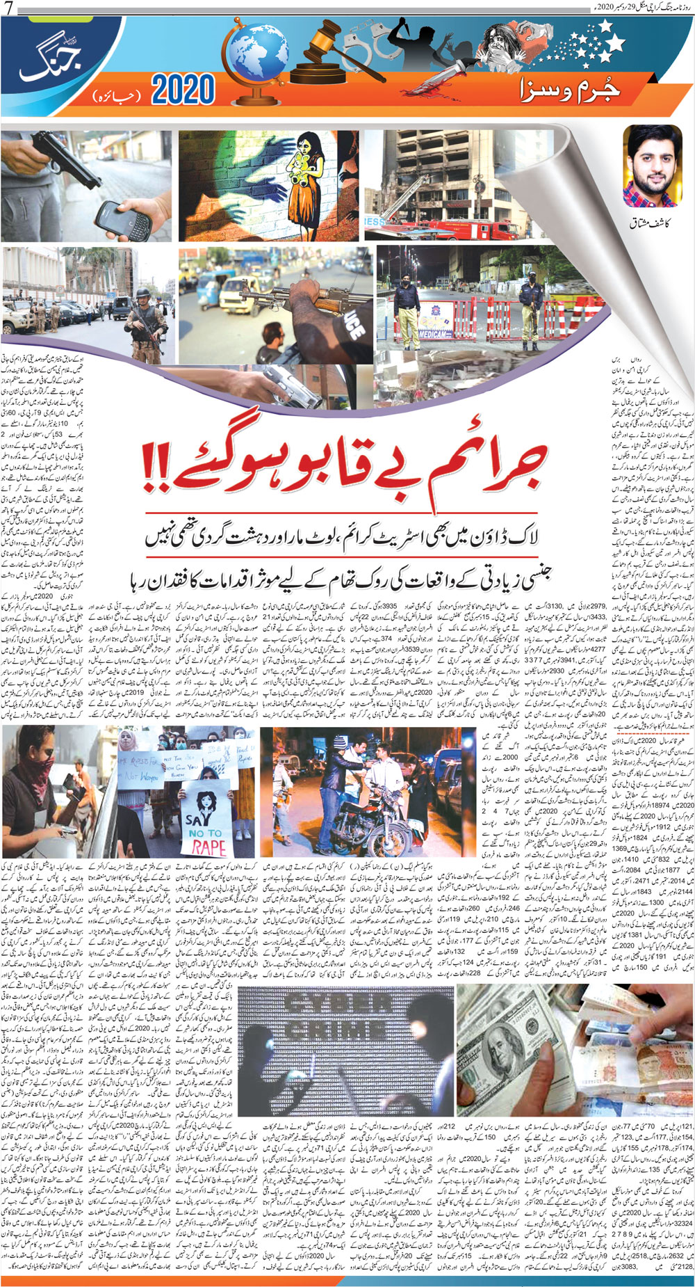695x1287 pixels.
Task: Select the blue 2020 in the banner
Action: [183, 90]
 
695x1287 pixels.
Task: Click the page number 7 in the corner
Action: [8, 8]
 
